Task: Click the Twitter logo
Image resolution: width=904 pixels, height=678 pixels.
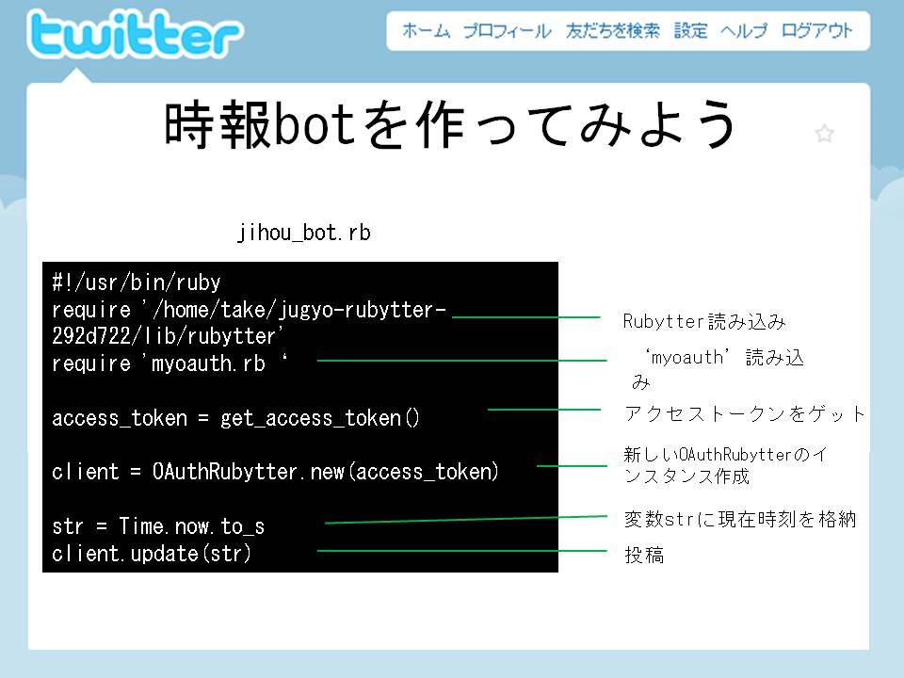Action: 136,34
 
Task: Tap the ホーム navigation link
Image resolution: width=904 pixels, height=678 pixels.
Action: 426,30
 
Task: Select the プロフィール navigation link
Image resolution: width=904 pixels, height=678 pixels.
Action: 507,30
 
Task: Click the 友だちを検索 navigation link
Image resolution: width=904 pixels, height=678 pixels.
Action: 612,30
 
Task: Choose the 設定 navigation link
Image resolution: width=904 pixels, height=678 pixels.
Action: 690,30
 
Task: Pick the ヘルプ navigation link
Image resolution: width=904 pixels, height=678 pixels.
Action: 744,30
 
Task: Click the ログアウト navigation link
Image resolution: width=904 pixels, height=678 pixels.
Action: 816,30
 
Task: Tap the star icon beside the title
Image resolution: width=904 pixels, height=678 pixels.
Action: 825,134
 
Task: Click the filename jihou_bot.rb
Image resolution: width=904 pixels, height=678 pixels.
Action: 304,233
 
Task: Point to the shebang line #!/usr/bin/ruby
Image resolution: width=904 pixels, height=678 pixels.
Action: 137,282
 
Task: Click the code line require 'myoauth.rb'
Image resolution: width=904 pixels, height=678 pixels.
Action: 170,363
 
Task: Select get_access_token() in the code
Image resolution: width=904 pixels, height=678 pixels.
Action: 320,418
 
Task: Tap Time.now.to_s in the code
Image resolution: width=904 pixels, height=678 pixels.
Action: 191,525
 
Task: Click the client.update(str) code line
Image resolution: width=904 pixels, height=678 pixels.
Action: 152,554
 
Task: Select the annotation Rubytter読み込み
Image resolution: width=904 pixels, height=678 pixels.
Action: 704,322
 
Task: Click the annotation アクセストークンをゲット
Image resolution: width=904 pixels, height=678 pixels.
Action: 745,413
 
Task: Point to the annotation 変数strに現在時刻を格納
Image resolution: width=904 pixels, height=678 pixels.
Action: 740,520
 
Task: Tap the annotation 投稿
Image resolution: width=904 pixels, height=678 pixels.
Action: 644,556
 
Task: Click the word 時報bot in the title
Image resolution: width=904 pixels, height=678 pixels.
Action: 259,124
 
